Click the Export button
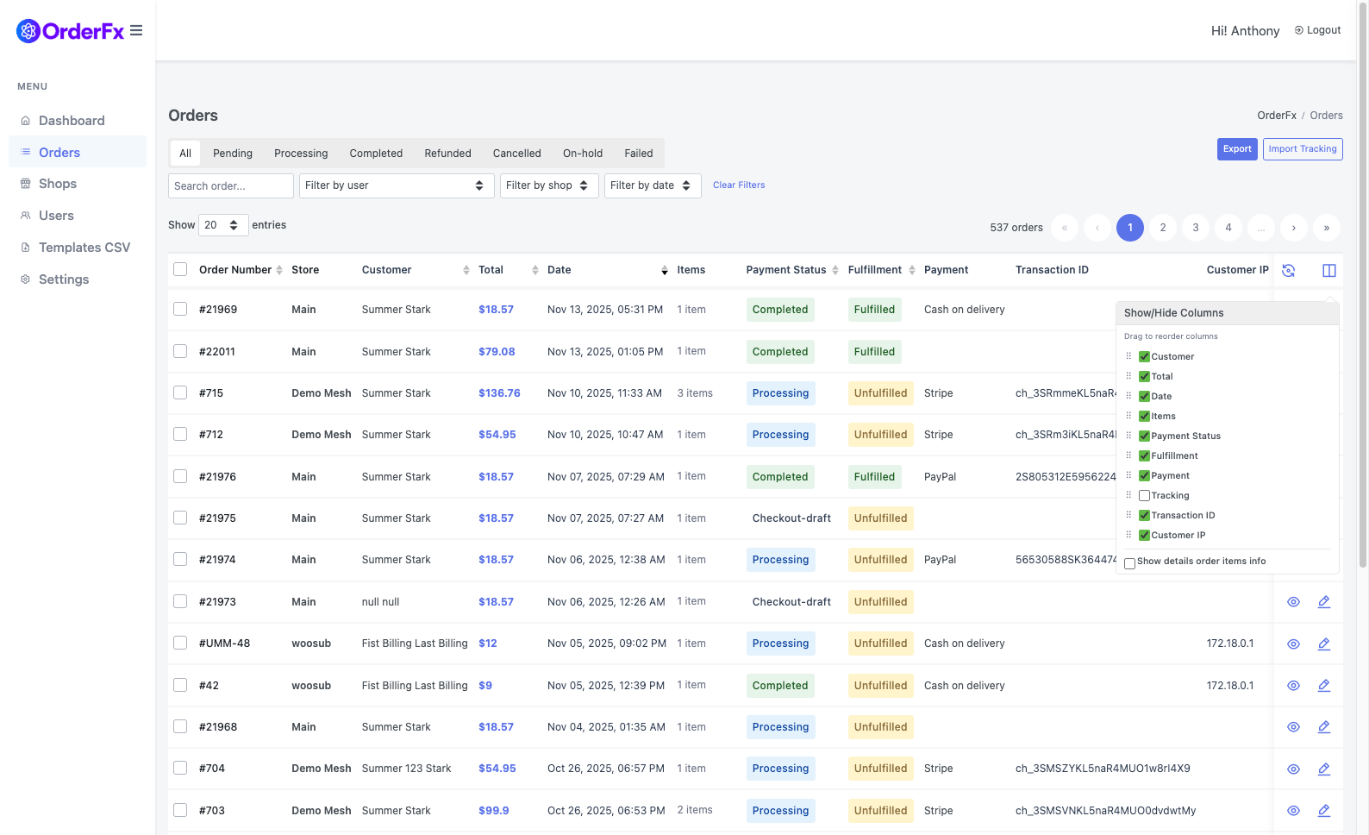pyautogui.click(x=1236, y=149)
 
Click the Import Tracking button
pyautogui.click(x=1302, y=149)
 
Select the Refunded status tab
pyautogui.click(x=447, y=154)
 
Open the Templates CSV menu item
pyautogui.click(x=84, y=248)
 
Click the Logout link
pyautogui.click(x=1317, y=30)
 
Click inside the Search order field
pyautogui.click(x=230, y=185)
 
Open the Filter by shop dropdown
pyautogui.click(x=548, y=185)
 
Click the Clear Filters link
pyautogui.click(x=738, y=185)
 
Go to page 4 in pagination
pyautogui.click(x=1228, y=228)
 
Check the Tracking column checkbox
pyautogui.click(x=1144, y=496)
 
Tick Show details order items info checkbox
pyautogui.click(x=1129, y=563)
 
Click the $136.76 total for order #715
pyautogui.click(x=499, y=393)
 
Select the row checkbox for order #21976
pyautogui.click(x=180, y=476)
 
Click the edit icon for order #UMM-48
pyautogui.click(x=1323, y=644)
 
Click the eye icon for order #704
pyautogui.click(x=1293, y=769)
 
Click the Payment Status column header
pyautogui.click(x=785, y=270)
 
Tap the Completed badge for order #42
pyautogui.click(x=779, y=686)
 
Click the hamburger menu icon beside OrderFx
pyautogui.click(x=136, y=31)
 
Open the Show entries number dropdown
pyautogui.click(x=222, y=225)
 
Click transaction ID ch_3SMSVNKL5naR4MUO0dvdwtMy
pyautogui.click(x=1105, y=811)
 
